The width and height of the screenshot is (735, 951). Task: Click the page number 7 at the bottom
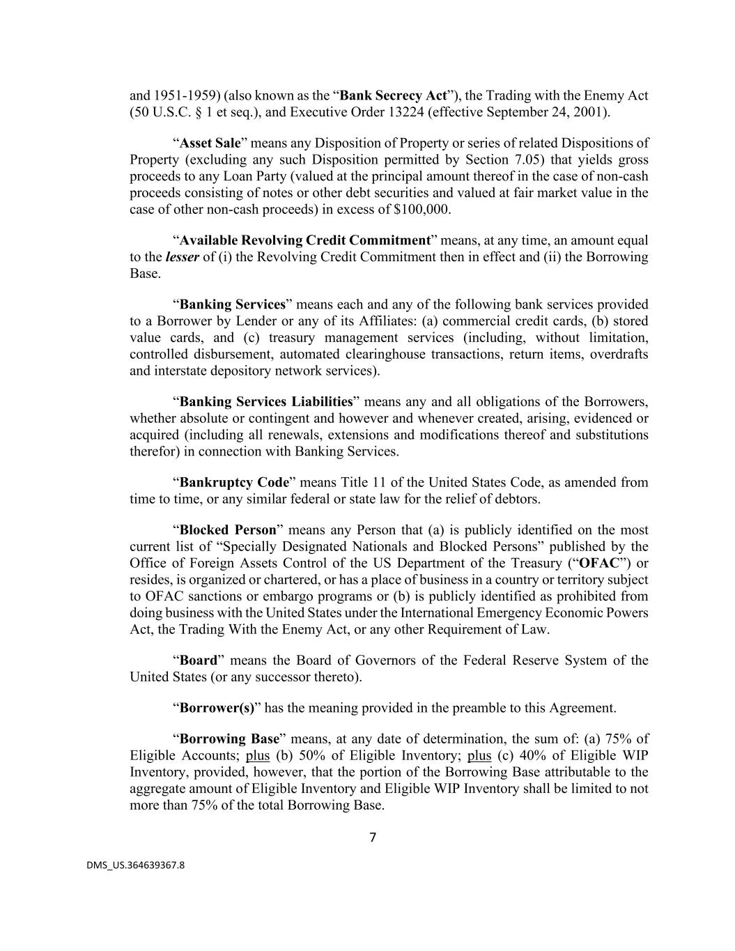(372, 837)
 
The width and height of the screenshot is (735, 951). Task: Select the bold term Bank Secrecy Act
(393, 95)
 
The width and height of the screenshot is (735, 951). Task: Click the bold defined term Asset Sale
(210, 143)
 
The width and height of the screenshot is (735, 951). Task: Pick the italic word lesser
(182, 257)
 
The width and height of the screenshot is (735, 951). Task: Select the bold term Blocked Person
(228, 529)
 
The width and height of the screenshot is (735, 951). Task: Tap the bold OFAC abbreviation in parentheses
(598, 563)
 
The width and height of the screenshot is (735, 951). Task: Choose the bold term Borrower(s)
(217, 708)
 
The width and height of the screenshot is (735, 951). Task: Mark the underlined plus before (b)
(258, 755)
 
